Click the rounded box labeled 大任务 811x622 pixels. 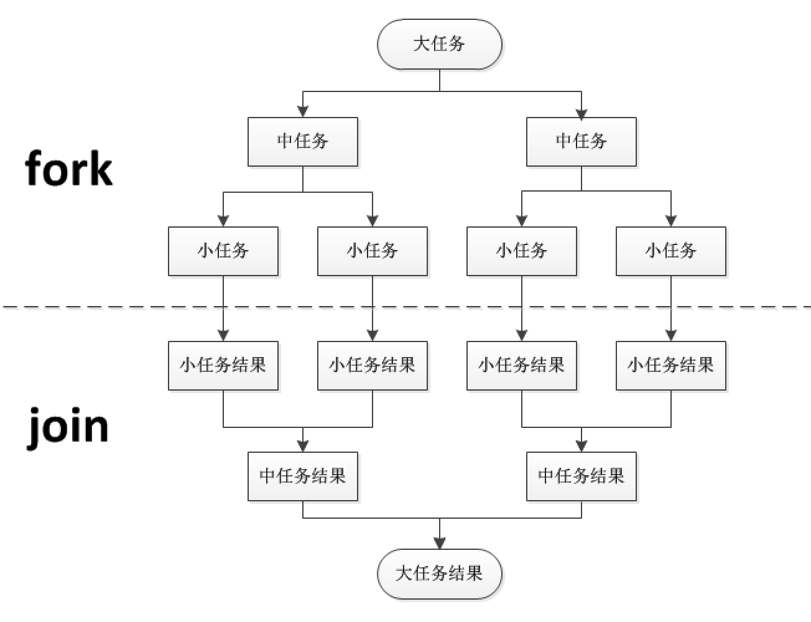pyautogui.click(x=440, y=44)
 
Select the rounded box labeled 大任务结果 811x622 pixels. pyautogui.click(x=440, y=573)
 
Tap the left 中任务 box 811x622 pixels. pyautogui.click(x=303, y=142)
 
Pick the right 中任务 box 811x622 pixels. pyautogui.click(x=582, y=142)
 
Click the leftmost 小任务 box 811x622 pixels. pyautogui.click(x=223, y=251)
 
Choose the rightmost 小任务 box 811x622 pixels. pyautogui.click(x=671, y=251)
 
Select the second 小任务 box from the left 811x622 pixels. pyautogui.click(x=373, y=251)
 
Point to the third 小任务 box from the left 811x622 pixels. pyautogui.click(x=522, y=251)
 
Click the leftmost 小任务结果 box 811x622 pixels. pyautogui.click(x=223, y=365)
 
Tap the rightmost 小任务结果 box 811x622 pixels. pyautogui.click(x=671, y=365)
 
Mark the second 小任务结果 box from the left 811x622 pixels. pyautogui.click(x=373, y=365)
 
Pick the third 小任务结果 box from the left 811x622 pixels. pyautogui.click(x=522, y=365)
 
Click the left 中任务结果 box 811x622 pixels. pyautogui.click(x=303, y=476)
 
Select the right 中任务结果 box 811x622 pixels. pyautogui.click(x=582, y=476)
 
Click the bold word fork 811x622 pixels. pyautogui.click(x=69, y=168)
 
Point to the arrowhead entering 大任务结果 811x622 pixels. pyautogui.click(x=440, y=543)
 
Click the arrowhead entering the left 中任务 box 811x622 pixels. pyautogui.click(x=303, y=112)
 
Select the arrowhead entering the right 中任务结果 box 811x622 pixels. pyautogui.click(x=582, y=446)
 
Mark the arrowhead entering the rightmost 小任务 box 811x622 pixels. pyautogui.click(x=671, y=221)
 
